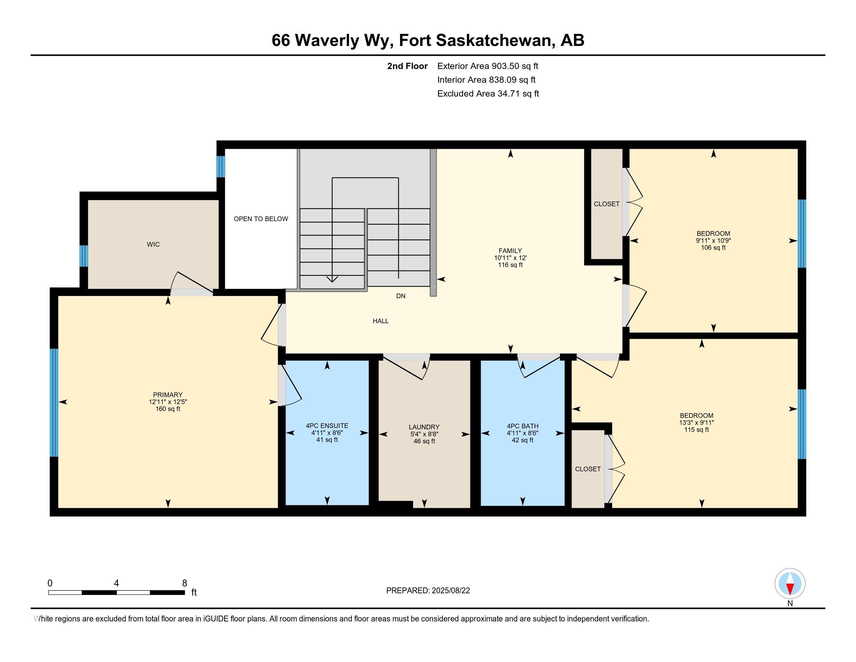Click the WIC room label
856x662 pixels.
point(153,244)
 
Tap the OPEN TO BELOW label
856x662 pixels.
point(261,219)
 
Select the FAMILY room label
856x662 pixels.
point(510,251)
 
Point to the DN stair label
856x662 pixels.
point(400,296)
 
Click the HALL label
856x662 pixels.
point(381,321)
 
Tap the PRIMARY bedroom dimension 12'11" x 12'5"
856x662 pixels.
point(168,401)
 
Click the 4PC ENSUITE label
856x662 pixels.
point(327,426)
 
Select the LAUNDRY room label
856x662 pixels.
point(424,427)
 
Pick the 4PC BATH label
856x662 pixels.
point(523,426)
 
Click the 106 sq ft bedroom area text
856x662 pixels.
point(713,247)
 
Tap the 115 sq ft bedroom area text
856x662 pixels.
point(696,430)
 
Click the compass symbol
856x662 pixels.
point(790,584)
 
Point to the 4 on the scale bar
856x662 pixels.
point(116,583)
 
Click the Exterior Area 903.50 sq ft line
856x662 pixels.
point(488,66)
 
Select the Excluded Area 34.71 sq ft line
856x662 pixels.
point(488,94)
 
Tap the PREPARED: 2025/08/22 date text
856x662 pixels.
point(428,591)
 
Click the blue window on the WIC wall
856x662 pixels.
point(84,256)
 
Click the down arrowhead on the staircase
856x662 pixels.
point(332,279)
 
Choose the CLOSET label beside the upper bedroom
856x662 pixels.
point(606,204)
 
